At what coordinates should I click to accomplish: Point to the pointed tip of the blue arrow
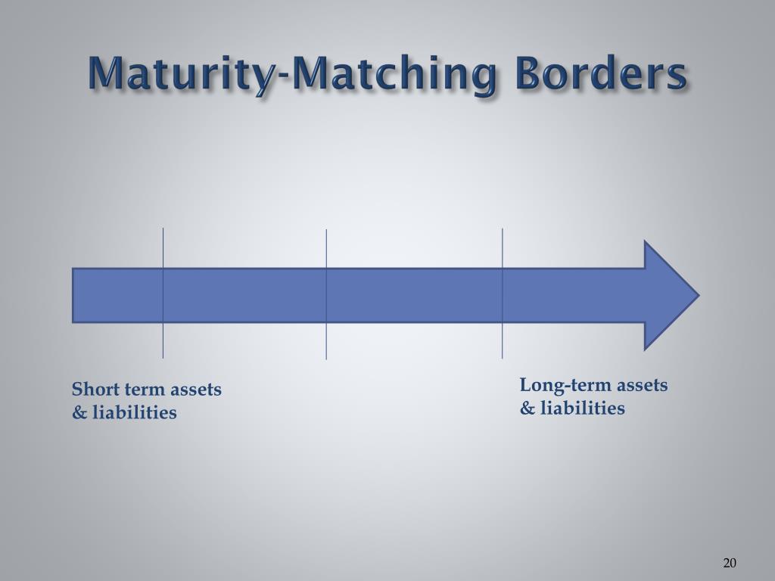click(x=696, y=295)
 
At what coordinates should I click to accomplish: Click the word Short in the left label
click(x=92, y=390)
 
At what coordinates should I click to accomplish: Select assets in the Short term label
click(x=196, y=390)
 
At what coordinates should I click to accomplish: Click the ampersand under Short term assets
click(x=79, y=413)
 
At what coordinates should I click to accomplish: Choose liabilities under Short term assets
click(x=135, y=413)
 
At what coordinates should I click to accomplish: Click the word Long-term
click(x=565, y=386)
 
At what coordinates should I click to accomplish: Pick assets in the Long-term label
click(x=642, y=386)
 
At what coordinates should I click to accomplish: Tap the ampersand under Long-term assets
click(x=527, y=409)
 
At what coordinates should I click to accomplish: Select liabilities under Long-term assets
click(x=582, y=409)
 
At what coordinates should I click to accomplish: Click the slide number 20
click(x=730, y=562)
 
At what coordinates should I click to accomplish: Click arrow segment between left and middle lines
click(x=244, y=295)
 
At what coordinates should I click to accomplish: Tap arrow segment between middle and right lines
click(x=414, y=295)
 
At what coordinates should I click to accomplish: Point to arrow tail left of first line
click(x=117, y=295)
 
